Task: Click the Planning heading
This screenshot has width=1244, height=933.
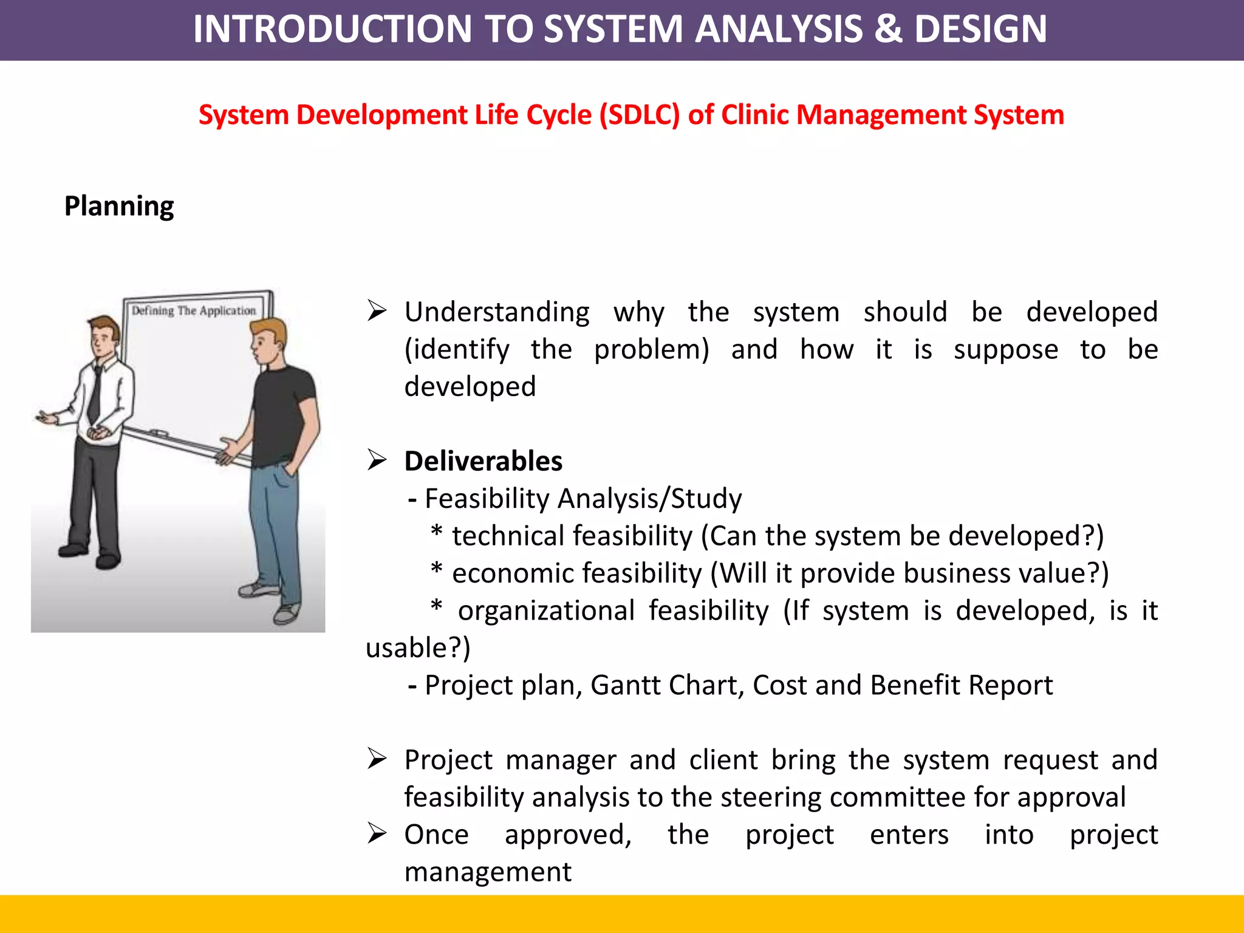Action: pos(119,207)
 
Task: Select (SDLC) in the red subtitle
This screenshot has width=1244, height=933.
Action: pos(639,115)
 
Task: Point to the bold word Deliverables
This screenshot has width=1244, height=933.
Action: pos(483,461)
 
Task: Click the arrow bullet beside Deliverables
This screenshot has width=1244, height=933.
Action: pos(377,460)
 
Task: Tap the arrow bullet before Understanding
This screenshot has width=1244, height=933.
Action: pos(377,311)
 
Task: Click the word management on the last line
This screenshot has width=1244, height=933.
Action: pos(488,872)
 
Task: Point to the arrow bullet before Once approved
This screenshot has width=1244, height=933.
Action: pos(377,834)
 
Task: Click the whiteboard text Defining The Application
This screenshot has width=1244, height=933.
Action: pos(194,311)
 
